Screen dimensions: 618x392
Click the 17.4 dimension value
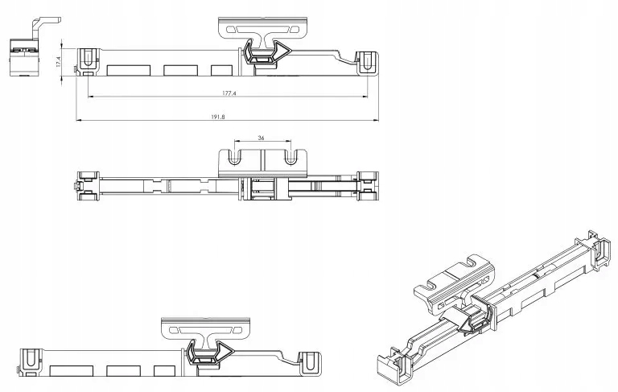coord(58,61)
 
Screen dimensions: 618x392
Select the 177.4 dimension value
coord(229,93)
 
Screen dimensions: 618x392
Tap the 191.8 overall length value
coord(218,118)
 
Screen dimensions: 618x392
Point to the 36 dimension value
coord(261,138)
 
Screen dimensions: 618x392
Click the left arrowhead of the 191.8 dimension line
coord(78,120)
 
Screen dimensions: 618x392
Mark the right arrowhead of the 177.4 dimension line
coord(365,97)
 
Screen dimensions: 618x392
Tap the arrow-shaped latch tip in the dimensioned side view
coord(287,50)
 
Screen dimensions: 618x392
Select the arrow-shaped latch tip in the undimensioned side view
coord(230,350)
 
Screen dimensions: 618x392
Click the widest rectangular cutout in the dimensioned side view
coord(129,70)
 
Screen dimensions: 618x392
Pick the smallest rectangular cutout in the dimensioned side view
coord(221,70)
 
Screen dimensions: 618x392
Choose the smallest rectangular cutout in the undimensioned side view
coord(165,371)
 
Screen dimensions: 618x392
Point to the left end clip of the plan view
coord(88,185)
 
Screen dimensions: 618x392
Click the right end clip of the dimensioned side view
coord(367,63)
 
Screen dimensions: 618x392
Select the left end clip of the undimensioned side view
coord(31,362)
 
